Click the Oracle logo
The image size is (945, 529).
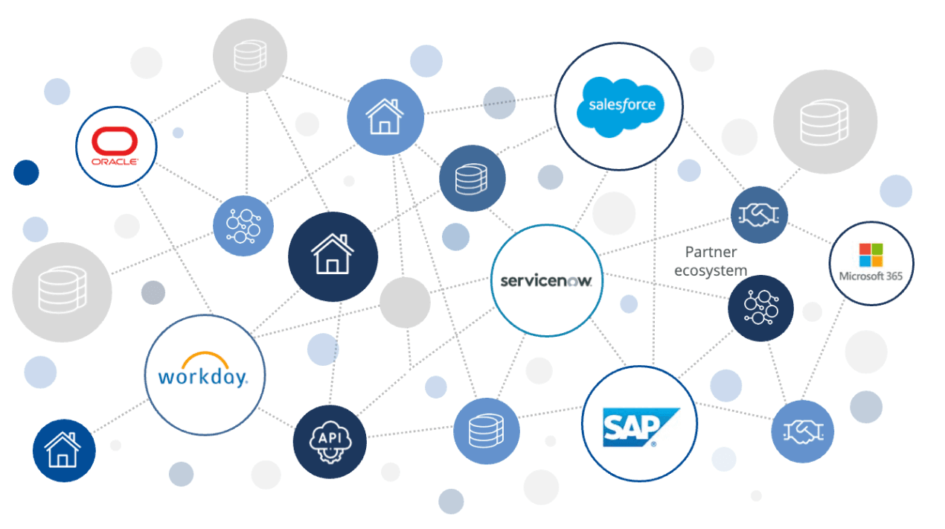(x=116, y=146)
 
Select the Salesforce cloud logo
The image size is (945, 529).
(x=618, y=107)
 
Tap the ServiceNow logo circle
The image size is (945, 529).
(x=547, y=281)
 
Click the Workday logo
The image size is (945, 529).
(x=204, y=374)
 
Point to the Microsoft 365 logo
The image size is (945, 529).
(x=871, y=263)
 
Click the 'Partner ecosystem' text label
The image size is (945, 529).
(x=711, y=261)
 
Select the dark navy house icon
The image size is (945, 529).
(x=332, y=254)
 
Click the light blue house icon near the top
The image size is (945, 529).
(x=385, y=117)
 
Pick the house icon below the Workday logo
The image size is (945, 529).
(x=64, y=451)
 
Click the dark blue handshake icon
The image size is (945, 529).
(x=758, y=215)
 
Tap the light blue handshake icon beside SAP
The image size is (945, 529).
(x=802, y=431)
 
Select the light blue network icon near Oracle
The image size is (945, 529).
(x=243, y=226)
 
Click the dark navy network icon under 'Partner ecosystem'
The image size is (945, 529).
(x=760, y=308)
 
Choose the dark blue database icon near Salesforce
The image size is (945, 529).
(x=472, y=178)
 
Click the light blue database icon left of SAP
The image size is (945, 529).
(x=486, y=431)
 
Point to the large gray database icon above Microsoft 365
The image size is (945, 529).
(x=824, y=121)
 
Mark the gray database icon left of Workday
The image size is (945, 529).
(x=62, y=292)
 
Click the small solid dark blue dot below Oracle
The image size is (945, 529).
(x=26, y=172)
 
